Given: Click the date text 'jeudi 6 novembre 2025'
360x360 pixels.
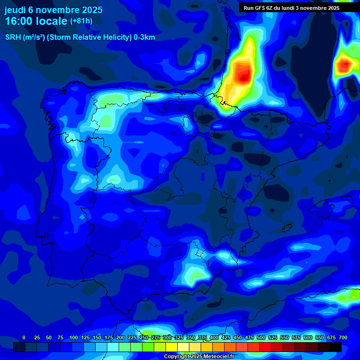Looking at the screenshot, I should click(53, 10).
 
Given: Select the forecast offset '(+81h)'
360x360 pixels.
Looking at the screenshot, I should click(81, 21).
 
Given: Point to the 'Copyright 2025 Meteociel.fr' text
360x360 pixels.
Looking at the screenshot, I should click(199, 356).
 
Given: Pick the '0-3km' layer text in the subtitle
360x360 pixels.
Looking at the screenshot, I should click(143, 37).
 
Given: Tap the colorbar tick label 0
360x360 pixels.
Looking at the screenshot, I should click(24, 337).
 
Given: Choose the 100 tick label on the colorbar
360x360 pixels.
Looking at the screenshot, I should click(74, 337).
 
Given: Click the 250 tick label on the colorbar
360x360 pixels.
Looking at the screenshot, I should click(144, 337).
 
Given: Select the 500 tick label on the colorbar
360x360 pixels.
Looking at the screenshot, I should click(261, 337).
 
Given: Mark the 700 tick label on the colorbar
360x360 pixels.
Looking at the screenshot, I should click(343, 337).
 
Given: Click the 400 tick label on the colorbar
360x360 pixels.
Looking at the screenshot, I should click(214, 337).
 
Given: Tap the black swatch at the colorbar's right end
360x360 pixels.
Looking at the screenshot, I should click(336, 347).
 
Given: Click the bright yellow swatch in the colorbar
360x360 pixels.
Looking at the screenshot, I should click(172, 347).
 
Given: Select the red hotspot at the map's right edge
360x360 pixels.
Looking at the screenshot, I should click(345, 64).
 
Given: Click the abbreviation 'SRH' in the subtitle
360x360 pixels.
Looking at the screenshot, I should click(13, 37).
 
